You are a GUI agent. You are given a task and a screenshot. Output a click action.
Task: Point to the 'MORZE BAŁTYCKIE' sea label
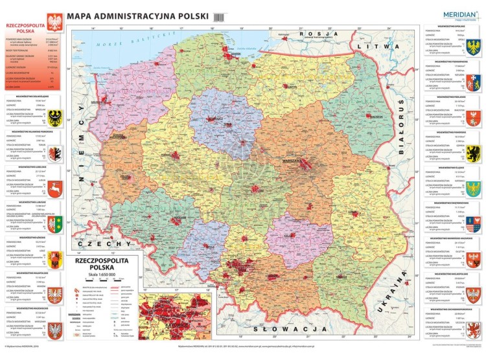coord(123,41)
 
